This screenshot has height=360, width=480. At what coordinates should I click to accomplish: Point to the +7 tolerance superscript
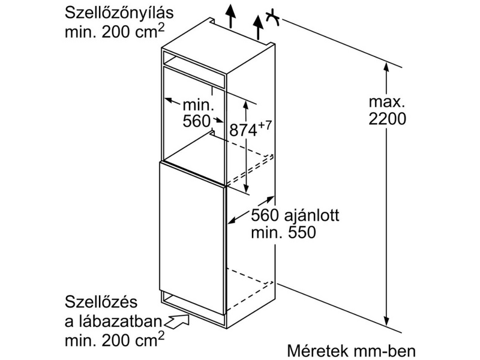(x=266, y=125)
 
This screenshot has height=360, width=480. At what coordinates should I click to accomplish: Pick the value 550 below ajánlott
(x=300, y=233)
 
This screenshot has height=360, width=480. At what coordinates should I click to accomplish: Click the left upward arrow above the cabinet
(x=229, y=15)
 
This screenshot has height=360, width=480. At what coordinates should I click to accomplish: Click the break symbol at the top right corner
(x=274, y=18)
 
